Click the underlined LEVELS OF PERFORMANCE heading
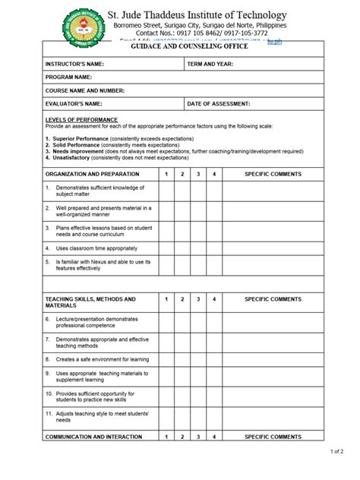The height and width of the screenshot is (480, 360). tap(81, 120)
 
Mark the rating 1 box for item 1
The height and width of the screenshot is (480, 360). tap(166, 191)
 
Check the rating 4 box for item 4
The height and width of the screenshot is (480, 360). tap(215, 248)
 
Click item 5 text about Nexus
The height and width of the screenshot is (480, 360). tap(102, 264)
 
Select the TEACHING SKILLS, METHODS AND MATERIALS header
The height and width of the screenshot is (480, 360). tap(90, 303)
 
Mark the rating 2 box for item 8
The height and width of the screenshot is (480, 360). tap(182, 358)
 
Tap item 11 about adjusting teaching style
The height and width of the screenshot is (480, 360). tap(102, 415)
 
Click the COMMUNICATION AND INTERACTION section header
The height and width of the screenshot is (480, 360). tap(93, 437)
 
